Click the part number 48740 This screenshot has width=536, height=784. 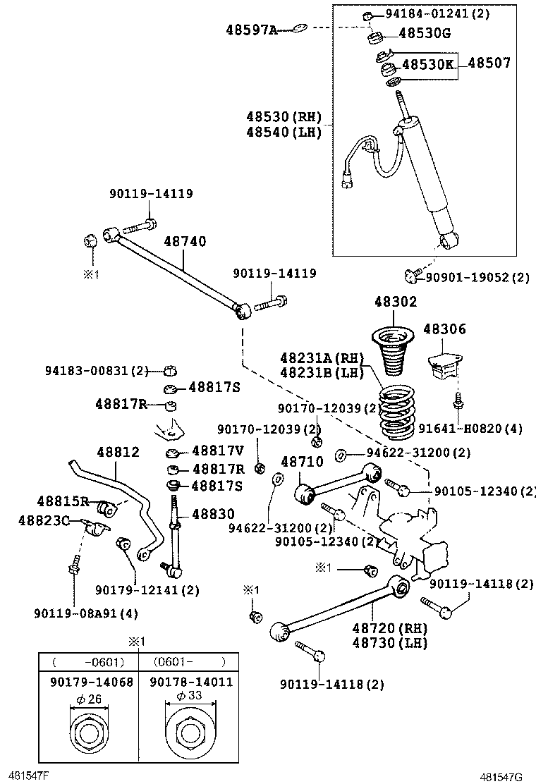185,242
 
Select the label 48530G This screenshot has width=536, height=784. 425,32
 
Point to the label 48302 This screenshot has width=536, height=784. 396,302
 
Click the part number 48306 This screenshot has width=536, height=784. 444,329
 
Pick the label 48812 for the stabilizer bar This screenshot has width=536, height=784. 118,453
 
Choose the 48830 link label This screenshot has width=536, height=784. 213,515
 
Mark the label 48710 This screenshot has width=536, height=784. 302,462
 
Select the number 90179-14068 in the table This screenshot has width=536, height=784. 91,682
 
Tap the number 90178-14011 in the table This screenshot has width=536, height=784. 191,682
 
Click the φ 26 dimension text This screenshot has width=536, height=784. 90,699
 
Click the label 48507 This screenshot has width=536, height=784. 489,63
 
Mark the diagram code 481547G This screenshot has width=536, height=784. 502,777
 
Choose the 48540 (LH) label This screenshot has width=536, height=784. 284,132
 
